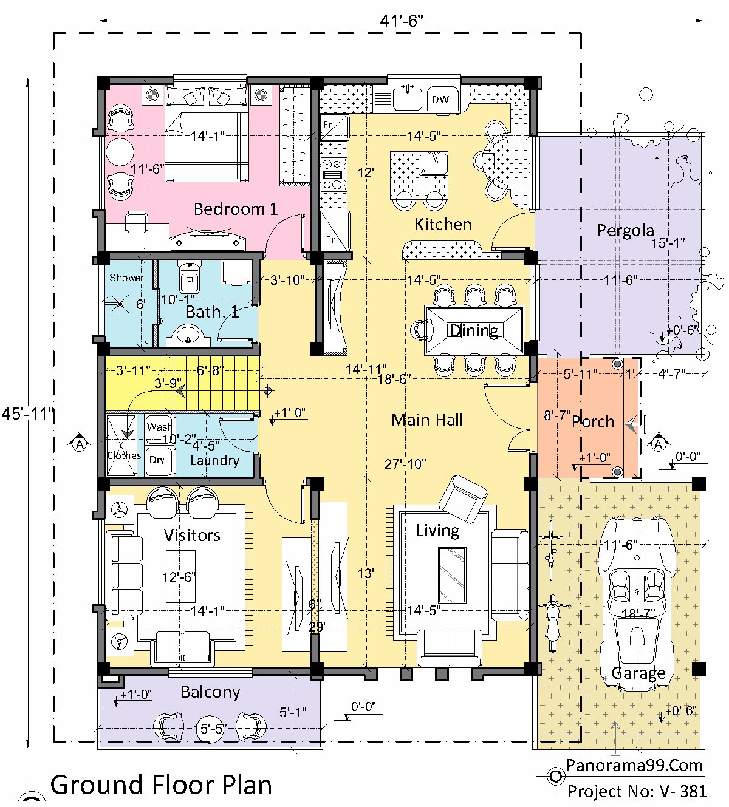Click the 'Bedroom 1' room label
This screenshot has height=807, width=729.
coord(236,209)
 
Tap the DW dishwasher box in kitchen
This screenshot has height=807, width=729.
coord(441,99)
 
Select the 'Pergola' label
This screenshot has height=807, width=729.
coord(625,230)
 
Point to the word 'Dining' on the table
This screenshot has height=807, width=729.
coord(474,330)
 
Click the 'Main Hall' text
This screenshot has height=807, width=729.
coord(427,420)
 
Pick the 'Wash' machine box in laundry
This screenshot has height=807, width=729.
coord(159,427)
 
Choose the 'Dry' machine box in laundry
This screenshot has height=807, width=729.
coord(158,460)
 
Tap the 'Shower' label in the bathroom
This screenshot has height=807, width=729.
coord(126,278)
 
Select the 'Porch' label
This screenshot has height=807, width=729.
coord(593,421)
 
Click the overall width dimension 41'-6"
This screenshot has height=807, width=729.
coord(401,21)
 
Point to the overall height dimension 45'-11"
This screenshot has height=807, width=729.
coord(27,414)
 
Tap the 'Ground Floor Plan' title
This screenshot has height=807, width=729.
coord(161,785)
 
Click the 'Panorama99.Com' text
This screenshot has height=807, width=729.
coord(634,765)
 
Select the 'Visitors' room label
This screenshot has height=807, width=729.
coord(192,535)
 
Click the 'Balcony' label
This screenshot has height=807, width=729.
coord(210,692)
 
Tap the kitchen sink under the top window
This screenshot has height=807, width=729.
coord(407,98)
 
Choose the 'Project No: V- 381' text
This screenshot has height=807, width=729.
coord(637,791)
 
